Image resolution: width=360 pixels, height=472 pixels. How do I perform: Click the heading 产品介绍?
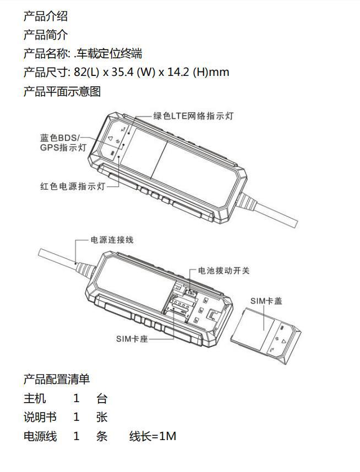46,16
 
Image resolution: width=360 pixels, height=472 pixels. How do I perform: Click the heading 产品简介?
46,35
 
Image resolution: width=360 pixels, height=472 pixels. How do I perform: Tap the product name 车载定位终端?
109,53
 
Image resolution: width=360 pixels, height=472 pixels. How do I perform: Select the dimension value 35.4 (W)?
133,72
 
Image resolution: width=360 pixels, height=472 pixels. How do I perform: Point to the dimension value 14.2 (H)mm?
198,72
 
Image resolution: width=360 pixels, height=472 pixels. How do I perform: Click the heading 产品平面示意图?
62,91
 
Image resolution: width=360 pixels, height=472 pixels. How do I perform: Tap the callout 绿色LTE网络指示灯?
193,116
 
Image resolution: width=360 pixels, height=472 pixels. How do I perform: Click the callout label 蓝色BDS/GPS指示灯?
63,142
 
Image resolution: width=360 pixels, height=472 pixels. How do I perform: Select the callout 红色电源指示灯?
73,186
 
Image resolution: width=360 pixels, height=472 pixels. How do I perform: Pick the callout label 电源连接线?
112,240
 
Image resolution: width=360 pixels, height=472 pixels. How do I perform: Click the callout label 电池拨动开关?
224,271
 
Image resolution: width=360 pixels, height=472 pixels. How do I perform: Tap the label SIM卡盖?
266,301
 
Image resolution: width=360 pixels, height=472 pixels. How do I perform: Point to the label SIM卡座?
132,339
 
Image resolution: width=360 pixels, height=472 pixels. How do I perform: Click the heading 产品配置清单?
57,379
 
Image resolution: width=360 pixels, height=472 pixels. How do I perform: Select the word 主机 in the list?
35,398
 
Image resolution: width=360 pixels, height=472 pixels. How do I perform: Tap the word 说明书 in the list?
40,417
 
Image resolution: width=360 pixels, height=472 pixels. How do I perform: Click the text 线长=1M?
152,436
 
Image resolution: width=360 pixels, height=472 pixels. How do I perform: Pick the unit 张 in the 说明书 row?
102,417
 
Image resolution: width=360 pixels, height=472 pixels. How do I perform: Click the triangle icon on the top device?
110,139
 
